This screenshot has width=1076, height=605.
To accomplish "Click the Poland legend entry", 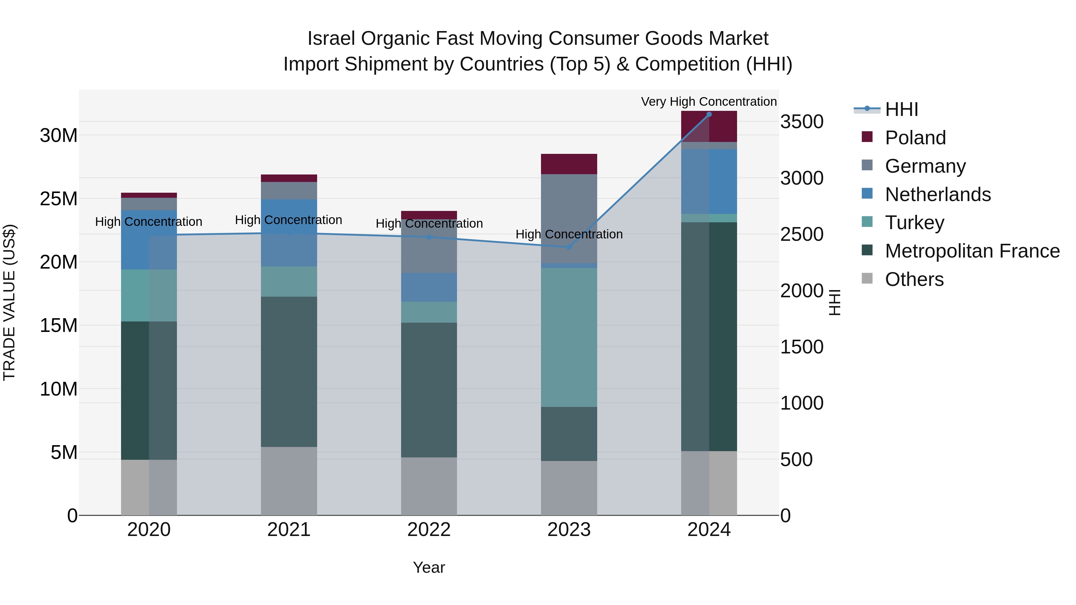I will (x=915, y=138).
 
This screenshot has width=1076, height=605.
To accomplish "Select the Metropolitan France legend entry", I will (x=972, y=251).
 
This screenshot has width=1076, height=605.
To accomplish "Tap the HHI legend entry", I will (x=901, y=109).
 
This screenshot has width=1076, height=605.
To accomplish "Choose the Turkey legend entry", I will (x=914, y=223).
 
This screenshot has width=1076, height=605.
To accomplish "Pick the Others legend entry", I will (x=914, y=279).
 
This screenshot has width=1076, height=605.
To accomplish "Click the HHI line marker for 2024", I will (x=709, y=114).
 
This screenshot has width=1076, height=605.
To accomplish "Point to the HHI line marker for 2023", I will (x=569, y=247).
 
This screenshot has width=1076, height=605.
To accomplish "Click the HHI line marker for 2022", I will (x=429, y=237).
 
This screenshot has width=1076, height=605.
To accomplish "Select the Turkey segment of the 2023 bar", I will (x=569, y=337).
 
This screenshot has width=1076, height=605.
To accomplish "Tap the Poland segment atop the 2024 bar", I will (x=709, y=126).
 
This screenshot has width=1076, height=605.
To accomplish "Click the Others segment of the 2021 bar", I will (x=289, y=481).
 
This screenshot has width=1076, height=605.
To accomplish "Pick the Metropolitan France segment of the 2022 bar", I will (x=429, y=390).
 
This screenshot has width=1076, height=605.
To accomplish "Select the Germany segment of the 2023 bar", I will (x=569, y=218).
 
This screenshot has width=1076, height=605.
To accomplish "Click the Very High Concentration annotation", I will (x=709, y=102).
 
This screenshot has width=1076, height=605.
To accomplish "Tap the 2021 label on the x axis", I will (x=289, y=530).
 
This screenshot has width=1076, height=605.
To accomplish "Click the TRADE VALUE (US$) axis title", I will (x=9, y=302).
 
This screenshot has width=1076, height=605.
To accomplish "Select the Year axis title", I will (x=429, y=567).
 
